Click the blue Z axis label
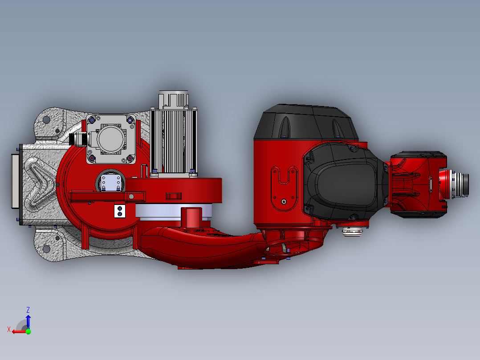coord(28,310)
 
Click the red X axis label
coord(9,329)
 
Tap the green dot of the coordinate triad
coord(28,331)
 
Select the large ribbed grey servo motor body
coord(174,143)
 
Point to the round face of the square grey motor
coord(111,139)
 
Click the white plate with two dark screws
coord(120,211)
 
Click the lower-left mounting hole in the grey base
coord(46,249)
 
